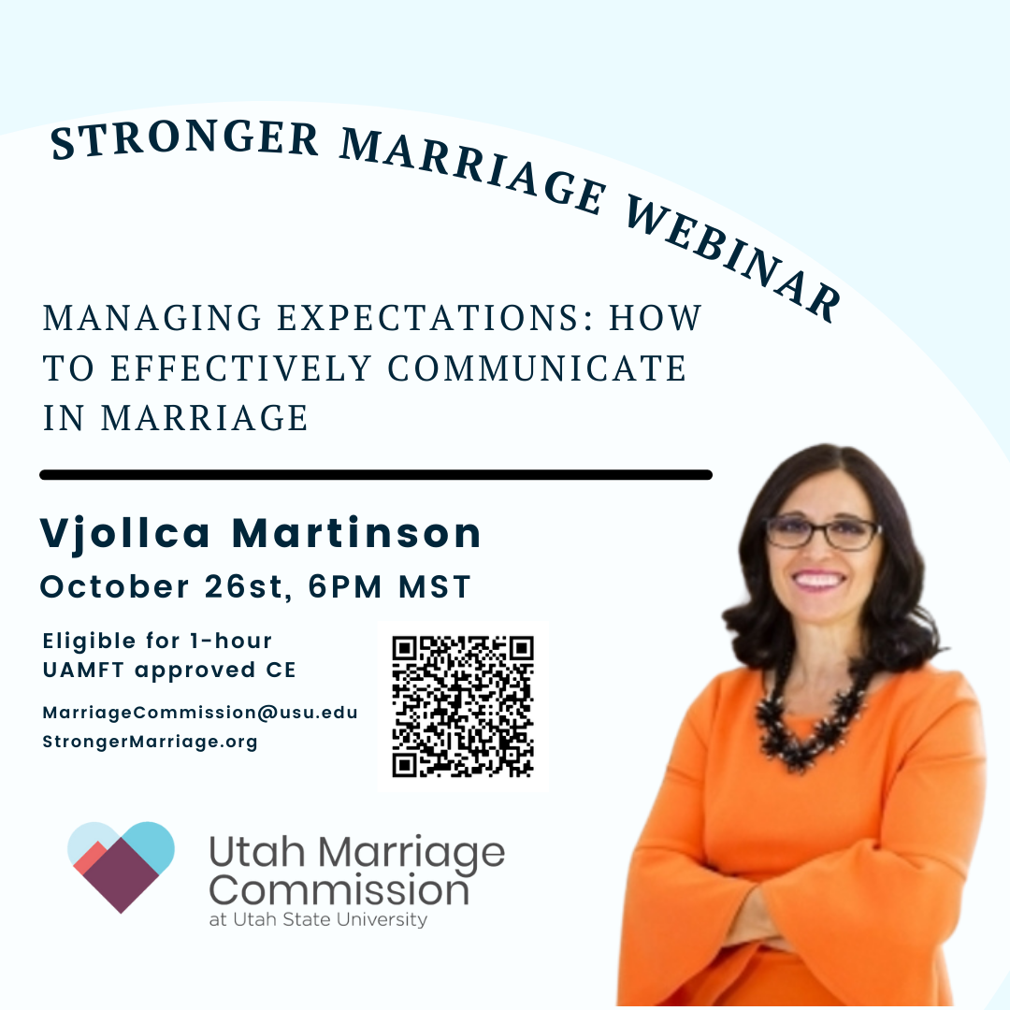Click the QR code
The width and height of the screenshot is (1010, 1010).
[463, 707]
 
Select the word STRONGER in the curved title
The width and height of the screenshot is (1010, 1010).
[185, 139]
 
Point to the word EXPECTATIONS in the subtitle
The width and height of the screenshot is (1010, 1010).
[436, 318]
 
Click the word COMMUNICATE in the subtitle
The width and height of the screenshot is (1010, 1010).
[537, 368]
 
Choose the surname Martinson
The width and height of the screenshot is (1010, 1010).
[356, 533]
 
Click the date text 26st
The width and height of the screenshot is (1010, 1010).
[244, 586]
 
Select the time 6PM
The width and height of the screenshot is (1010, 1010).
[345, 586]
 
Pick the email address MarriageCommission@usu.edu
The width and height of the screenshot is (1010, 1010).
[200, 713]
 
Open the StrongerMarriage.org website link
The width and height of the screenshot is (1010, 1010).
[150, 742]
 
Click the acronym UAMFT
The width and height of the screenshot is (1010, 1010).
[83, 670]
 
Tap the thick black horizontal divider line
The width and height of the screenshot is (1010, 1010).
[376, 475]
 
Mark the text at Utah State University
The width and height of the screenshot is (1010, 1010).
[318, 920]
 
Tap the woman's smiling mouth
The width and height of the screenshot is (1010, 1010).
[818, 580]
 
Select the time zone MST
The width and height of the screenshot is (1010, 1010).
[435, 586]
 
